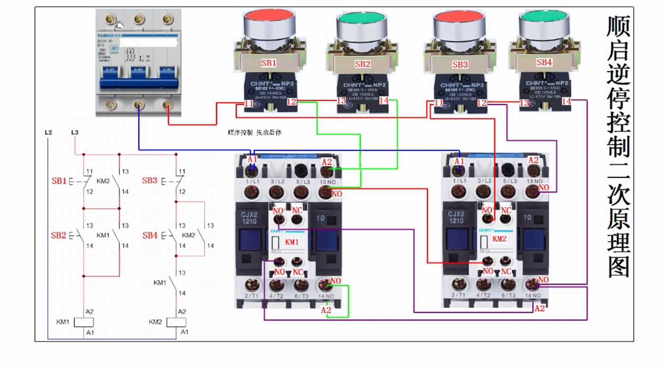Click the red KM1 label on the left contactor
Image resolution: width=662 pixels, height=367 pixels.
(x=292, y=242)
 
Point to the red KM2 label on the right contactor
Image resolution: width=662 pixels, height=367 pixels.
(x=499, y=239)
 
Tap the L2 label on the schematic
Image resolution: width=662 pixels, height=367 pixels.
(x=48, y=133)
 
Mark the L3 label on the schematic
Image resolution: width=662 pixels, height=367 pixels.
(x=75, y=133)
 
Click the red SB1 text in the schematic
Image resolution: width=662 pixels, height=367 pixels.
(x=59, y=181)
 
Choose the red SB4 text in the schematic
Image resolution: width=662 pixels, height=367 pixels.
(x=150, y=235)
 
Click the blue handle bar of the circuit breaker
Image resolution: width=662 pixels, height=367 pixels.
(x=139, y=84)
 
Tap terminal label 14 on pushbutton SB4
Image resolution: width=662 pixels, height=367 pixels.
(x=566, y=102)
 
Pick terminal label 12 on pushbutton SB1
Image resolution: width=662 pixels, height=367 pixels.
(x=291, y=102)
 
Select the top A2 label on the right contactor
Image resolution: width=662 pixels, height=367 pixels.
(x=533, y=160)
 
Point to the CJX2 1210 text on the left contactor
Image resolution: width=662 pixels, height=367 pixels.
(x=249, y=218)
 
